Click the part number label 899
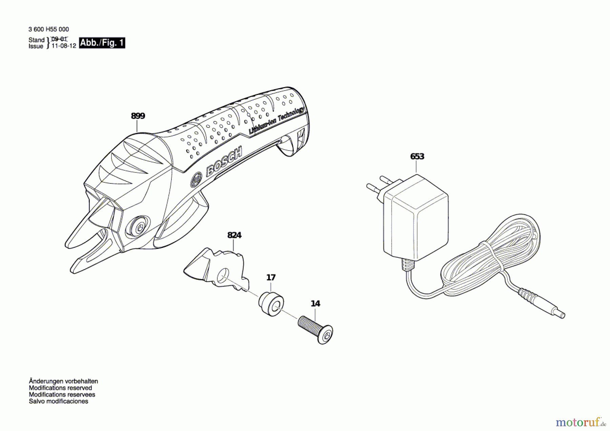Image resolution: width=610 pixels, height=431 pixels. tap(138, 116)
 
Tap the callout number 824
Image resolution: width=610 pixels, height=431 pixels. tap(234, 235)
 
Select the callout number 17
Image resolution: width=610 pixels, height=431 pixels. tap(271, 277)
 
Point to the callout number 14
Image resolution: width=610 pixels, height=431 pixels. tap(315, 303)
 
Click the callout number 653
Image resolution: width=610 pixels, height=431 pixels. tap(417, 156)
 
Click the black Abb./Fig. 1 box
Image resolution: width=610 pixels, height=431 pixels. tap(102, 43)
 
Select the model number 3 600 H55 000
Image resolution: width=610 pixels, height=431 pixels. tap(49, 30)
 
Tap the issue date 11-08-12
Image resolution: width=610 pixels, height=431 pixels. tap(64, 46)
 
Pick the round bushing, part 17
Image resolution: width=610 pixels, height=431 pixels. tap(271, 303)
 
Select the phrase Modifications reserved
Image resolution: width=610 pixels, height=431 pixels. tap(60, 388)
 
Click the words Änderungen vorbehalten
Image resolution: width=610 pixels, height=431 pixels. tap(63, 381)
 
